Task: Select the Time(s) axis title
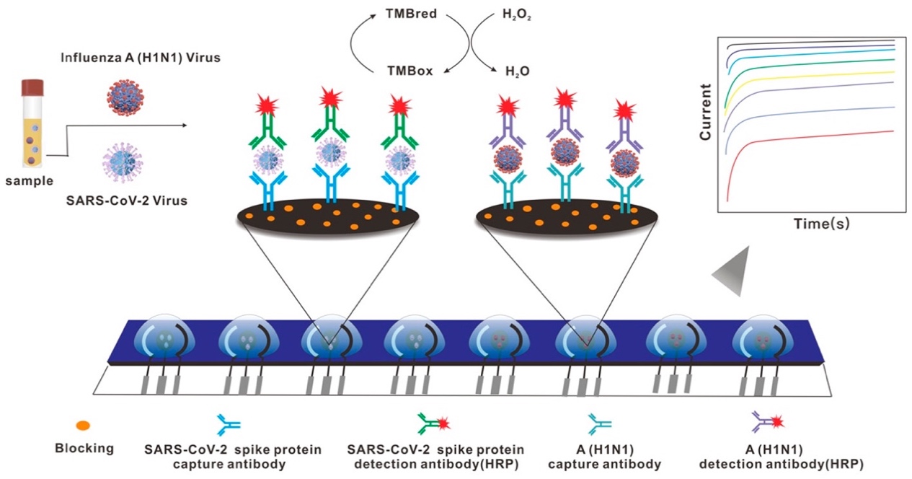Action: click(x=821, y=224)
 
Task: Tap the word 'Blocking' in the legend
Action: click(x=84, y=448)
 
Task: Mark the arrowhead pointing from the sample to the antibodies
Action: click(x=188, y=126)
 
